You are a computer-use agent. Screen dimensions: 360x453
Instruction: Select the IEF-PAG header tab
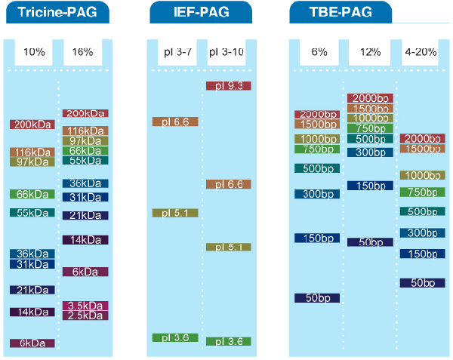(200, 12)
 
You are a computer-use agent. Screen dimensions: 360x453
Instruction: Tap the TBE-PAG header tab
(341, 12)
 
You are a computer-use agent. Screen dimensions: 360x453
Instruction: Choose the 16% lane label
(82, 52)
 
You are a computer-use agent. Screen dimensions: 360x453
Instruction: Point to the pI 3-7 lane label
(175, 52)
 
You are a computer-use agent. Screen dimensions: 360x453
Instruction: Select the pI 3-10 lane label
(229, 52)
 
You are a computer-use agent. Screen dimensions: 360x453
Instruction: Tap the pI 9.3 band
(228, 86)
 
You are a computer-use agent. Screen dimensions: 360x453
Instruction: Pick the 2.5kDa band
(85, 315)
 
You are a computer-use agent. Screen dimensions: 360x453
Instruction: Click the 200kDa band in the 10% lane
(32, 125)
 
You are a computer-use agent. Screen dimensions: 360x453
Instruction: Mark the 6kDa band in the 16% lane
(85, 272)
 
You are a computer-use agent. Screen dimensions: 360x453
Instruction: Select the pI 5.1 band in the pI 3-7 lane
(175, 213)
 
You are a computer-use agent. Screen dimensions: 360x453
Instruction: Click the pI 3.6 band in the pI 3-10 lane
(228, 342)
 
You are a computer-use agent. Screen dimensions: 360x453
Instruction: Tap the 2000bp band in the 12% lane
(370, 99)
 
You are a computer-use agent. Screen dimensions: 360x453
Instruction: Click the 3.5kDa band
(85, 306)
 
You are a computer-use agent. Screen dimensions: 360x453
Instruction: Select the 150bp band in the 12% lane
(370, 186)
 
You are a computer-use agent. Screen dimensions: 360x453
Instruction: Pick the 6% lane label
(319, 52)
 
